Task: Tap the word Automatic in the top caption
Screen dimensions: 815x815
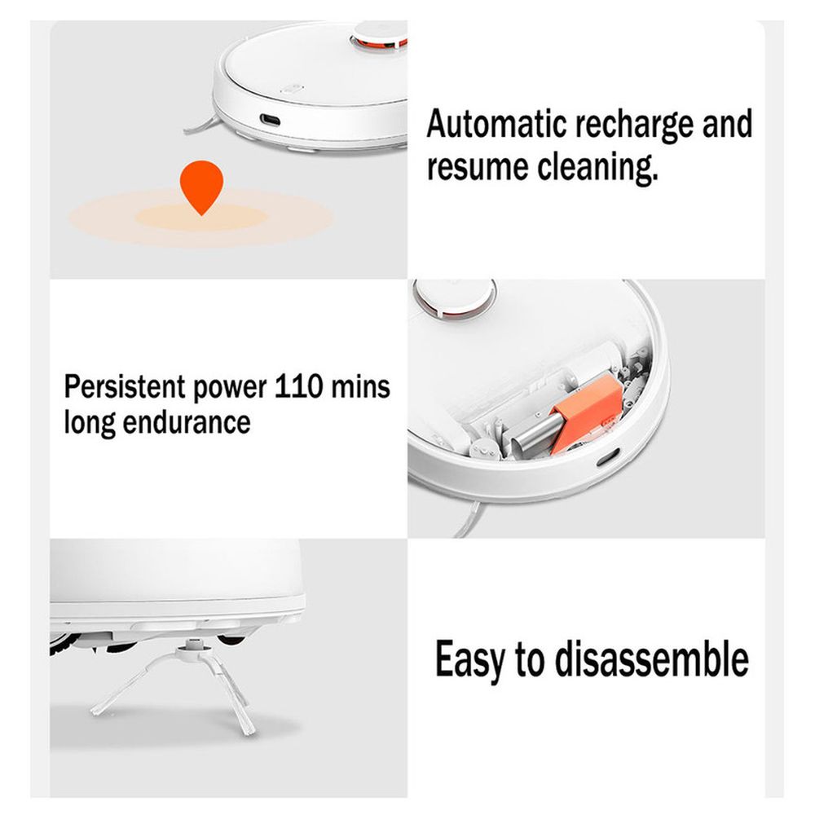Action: [x=496, y=124]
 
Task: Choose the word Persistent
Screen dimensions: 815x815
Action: [x=125, y=386]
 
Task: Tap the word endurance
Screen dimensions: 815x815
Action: [x=186, y=422]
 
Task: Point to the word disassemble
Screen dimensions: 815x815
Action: [x=652, y=659]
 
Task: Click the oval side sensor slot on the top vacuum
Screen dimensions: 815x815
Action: [x=271, y=121]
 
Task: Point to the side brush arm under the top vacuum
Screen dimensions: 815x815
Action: [x=201, y=126]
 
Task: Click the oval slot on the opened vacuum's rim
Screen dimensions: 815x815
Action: [x=608, y=457]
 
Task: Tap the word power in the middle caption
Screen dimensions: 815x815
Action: [x=230, y=389]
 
